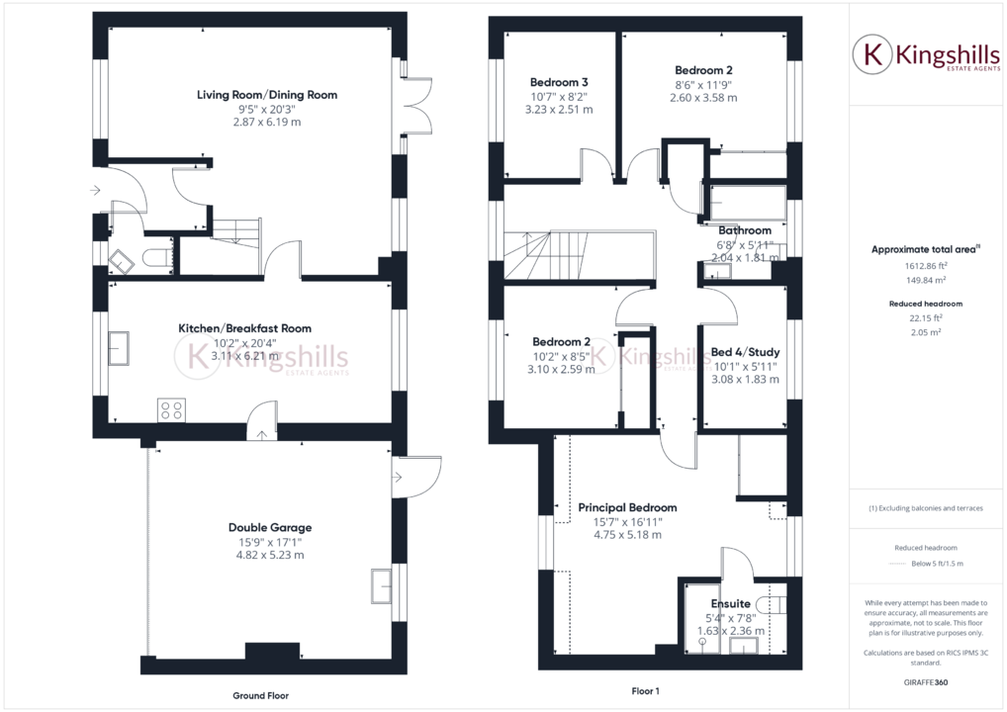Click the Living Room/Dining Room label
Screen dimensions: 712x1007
[x=267, y=95]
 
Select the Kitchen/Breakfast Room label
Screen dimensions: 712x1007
[x=244, y=328]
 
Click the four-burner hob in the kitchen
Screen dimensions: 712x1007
[x=171, y=408]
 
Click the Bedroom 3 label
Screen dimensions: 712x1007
[x=559, y=82]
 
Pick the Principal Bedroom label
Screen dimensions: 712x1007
[x=627, y=507]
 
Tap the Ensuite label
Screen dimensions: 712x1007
[x=731, y=603]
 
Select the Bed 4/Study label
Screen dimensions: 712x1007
[x=745, y=352]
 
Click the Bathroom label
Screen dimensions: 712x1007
[x=745, y=231]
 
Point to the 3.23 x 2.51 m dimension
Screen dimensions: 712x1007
[x=559, y=110]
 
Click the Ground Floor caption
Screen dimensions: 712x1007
[x=261, y=695]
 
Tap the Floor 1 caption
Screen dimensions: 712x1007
[x=645, y=691]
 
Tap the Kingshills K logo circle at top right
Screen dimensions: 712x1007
[x=872, y=55]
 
